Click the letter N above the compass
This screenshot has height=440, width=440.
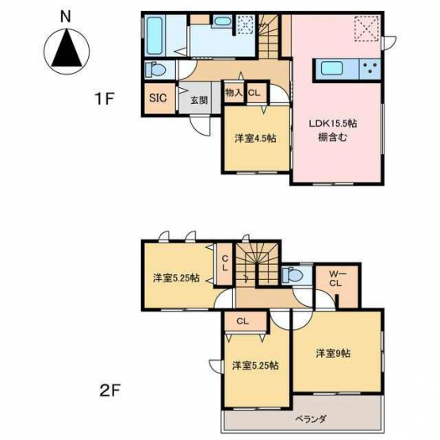point(66,17)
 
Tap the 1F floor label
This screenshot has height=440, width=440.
point(105,98)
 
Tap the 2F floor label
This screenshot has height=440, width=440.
point(110,390)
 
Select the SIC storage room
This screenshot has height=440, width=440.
point(159,98)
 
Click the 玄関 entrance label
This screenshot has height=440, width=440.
point(199,100)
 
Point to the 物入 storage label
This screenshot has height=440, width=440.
point(234,93)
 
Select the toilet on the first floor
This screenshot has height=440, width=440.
point(155,70)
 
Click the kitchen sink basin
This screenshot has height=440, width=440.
point(331,68)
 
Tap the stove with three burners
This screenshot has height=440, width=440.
point(370,69)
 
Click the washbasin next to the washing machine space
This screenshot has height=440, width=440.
point(222,21)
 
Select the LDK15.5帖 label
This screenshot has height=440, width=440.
point(333,123)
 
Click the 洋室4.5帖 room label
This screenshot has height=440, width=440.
point(255,138)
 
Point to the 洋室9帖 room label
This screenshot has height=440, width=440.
point(333,353)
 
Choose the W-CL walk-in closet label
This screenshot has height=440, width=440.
point(335,279)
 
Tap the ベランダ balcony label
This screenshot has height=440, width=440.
point(311,419)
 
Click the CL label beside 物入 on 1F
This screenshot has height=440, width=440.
point(254,93)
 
